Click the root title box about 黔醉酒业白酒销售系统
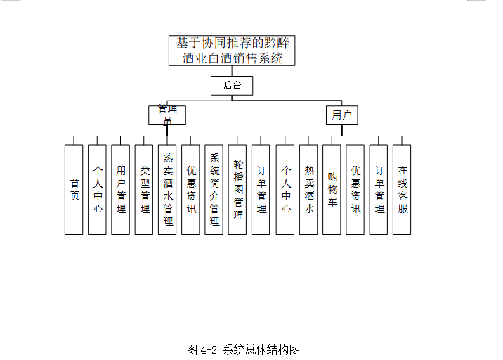tap(232, 51)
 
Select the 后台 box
tap(232, 86)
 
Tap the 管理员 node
tap(167, 115)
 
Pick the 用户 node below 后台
tap(341, 115)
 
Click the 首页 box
tap(74, 189)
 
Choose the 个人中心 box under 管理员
tap(98, 189)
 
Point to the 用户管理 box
tap(121, 189)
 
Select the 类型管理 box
tap(144, 189)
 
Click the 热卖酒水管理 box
tap(167, 189)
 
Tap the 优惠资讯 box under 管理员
tap(191, 189)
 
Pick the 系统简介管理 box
tap(214, 189)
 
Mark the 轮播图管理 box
tap(237, 189)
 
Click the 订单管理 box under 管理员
tap(261, 189)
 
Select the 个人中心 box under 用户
tap(285, 189)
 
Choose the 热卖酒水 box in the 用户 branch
tap(308, 189)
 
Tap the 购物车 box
tap(332, 189)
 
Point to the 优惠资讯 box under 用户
tap(355, 189)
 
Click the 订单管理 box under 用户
tap(379, 189)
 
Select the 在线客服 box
tap(402, 189)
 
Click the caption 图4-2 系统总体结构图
tap(244, 349)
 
